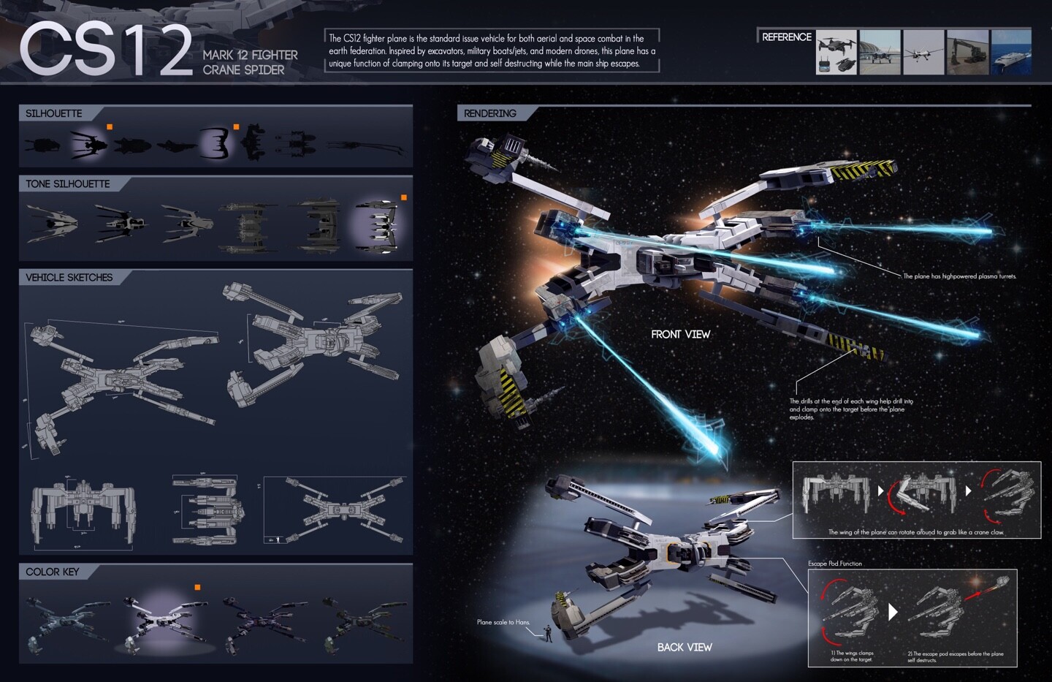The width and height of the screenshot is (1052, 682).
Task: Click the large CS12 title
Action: click(x=106, y=50)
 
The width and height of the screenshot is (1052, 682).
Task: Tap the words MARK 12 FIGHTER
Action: click(x=250, y=55)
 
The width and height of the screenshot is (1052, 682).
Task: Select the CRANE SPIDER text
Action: click(x=243, y=70)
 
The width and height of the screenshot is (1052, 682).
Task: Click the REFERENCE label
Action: click(x=786, y=37)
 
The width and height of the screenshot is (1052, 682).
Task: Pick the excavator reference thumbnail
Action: click(x=967, y=52)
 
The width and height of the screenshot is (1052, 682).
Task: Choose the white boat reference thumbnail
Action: click(x=1011, y=52)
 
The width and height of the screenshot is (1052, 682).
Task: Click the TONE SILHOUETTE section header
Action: click(x=68, y=184)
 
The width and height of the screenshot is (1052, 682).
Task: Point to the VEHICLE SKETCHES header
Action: click(x=69, y=278)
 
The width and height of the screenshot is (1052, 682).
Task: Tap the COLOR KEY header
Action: click(x=52, y=572)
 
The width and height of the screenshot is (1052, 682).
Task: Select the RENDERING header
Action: click(x=490, y=113)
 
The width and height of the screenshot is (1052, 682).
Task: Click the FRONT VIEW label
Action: click(x=680, y=334)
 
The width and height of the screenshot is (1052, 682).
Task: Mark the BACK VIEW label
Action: click(x=684, y=647)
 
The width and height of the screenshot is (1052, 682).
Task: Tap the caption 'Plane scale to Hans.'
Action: click(x=503, y=622)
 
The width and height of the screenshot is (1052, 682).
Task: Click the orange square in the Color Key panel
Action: click(x=197, y=587)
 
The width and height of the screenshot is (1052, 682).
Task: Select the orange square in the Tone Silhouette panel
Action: click(x=403, y=197)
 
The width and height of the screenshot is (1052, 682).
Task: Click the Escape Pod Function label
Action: click(x=834, y=564)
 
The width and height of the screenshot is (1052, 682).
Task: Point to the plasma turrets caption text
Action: click(x=959, y=276)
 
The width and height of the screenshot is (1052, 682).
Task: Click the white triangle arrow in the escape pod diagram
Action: click(x=892, y=611)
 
